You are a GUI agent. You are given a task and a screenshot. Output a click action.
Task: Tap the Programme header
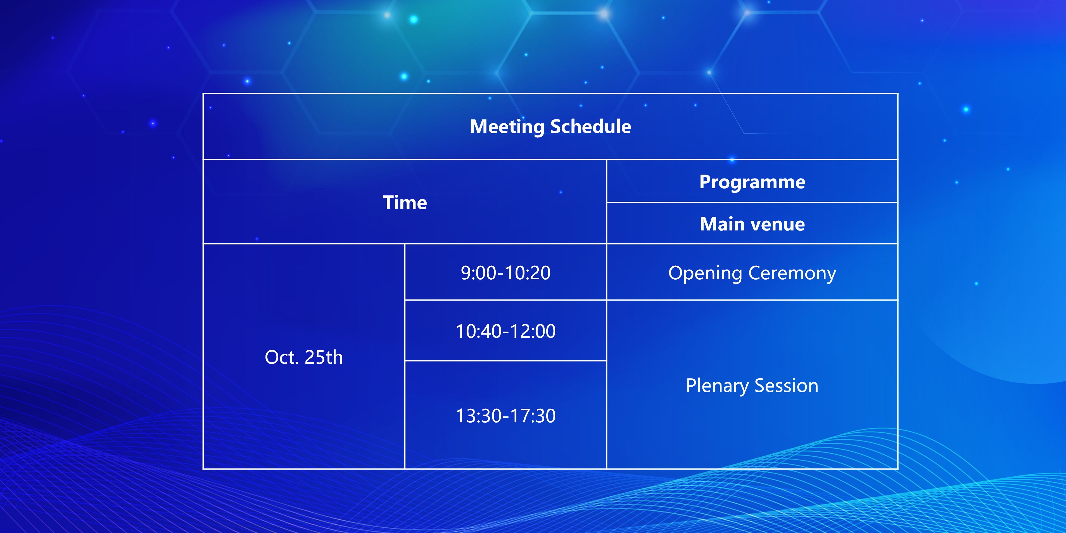pos(752,182)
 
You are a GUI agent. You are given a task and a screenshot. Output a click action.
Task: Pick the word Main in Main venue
pos(722,224)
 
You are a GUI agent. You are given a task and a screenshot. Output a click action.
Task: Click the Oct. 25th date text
pos(304,357)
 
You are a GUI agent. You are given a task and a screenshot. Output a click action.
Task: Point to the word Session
pos(787,386)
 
